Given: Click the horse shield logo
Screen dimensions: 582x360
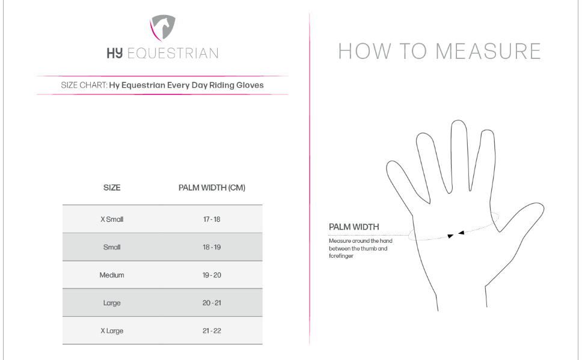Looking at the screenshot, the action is click(162, 28).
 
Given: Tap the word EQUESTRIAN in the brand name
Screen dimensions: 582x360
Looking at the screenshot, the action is click(173, 53).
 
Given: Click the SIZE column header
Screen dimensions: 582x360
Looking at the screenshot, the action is click(112, 188).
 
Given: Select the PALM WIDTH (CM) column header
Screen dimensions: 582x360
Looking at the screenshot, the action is click(212, 188).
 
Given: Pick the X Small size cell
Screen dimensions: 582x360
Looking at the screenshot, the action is click(112, 219).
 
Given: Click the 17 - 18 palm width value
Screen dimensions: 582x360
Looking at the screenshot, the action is click(212, 219).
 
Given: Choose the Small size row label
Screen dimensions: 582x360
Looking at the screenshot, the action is click(112, 247).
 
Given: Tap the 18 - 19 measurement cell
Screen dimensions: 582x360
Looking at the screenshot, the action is click(212, 247).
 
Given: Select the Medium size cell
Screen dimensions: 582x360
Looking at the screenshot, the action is click(112, 275).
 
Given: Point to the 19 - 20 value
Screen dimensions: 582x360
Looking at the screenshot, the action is click(212, 275).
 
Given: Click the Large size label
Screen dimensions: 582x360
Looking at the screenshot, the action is click(112, 303).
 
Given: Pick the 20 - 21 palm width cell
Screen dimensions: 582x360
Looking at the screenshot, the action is click(212, 303).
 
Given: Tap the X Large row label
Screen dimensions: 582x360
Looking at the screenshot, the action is click(112, 331).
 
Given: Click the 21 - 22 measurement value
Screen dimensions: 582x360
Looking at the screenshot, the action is click(212, 331).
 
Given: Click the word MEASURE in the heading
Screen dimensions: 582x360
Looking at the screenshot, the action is click(488, 51).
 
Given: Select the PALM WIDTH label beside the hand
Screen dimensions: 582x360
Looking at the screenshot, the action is click(354, 227).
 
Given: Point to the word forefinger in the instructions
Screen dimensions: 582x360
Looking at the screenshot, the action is click(341, 256).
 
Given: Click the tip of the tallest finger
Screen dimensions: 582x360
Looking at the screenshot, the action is click(459, 120).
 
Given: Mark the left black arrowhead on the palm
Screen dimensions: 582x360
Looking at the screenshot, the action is click(450, 236).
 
